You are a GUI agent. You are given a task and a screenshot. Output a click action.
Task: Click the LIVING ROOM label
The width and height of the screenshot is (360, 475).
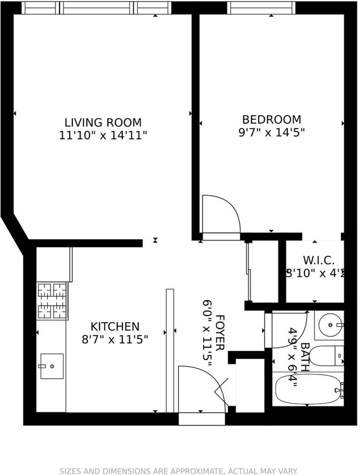(x=103, y=122)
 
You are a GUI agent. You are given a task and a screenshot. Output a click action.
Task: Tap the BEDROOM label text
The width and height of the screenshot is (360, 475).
(x=271, y=119)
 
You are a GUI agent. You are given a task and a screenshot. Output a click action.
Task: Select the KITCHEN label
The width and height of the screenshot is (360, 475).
(x=115, y=327)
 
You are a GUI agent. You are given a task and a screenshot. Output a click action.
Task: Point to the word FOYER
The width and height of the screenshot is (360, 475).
(x=220, y=332)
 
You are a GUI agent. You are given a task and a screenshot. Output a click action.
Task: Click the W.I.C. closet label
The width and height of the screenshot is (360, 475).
(x=311, y=260)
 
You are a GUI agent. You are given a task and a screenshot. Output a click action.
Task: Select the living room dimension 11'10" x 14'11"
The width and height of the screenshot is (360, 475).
(x=103, y=135)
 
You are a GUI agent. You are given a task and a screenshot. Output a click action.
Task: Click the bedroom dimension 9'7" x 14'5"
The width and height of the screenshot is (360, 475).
(x=271, y=132)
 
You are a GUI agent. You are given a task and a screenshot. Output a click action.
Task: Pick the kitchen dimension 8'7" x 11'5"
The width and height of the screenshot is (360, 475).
(x=115, y=339)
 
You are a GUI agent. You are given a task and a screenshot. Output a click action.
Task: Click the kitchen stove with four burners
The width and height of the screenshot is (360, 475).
(x=52, y=300)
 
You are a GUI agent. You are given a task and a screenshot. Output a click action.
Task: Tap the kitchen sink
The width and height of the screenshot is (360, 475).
(x=51, y=366)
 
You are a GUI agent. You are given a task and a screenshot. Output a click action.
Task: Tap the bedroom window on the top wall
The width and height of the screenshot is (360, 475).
(x=261, y=8)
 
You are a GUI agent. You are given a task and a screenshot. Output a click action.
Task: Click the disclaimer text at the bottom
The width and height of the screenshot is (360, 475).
(x=179, y=471)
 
